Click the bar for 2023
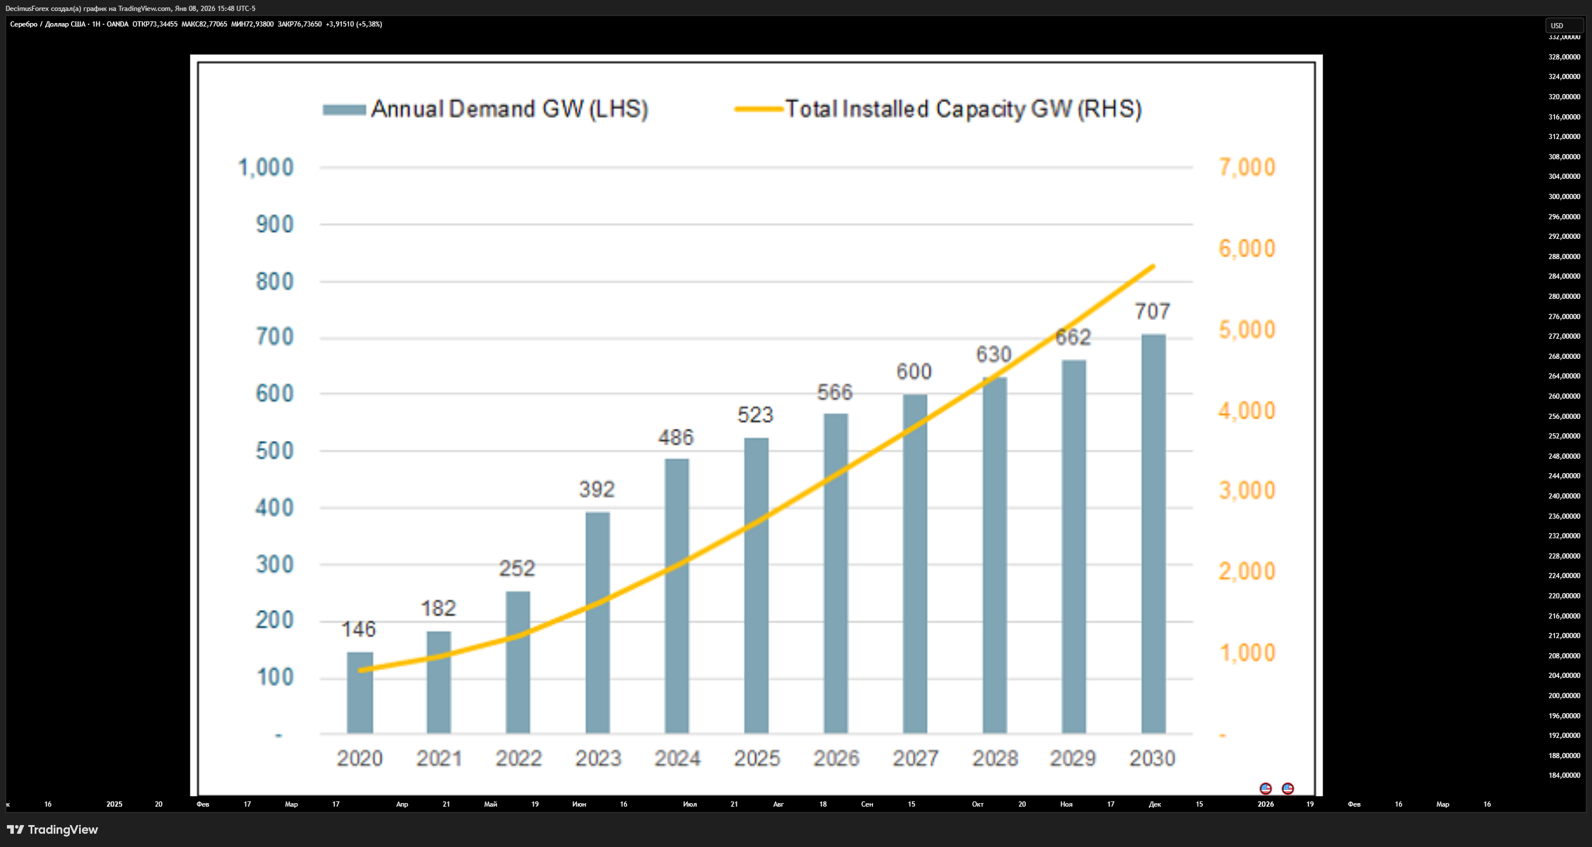[598, 623]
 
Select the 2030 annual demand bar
[1153, 534]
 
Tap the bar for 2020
[359, 692]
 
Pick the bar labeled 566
[836, 574]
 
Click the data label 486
[676, 437]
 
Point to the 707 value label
[1152, 312]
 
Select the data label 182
[438, 609]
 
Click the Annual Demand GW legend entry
[485, 110]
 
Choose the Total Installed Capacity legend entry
[938, 110]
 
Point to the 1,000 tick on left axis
[267, 167]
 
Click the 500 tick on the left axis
[275, 451]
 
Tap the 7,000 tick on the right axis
[1247, 167]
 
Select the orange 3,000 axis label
[1247, 490]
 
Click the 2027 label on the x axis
[915, 758]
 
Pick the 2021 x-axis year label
[439, 758]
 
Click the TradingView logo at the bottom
[53, 829]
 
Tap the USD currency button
[1564, 25]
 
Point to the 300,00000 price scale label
[1564, 196]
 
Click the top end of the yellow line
[1153, 266]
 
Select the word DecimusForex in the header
[27, 8]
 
